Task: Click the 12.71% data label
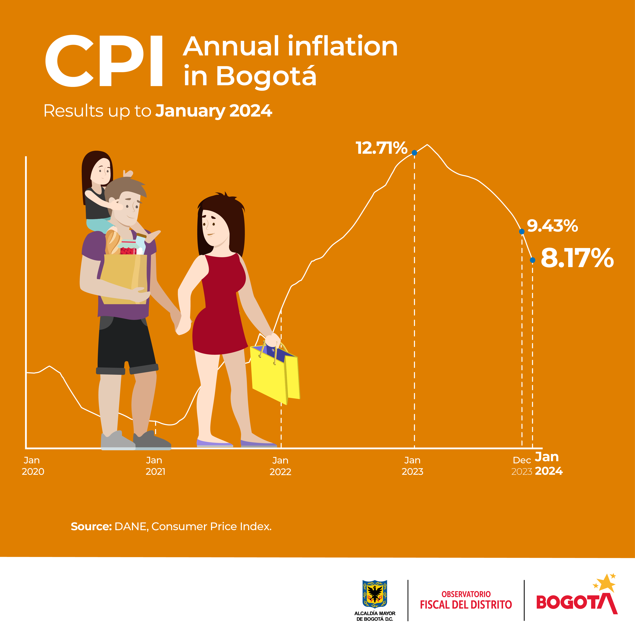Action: click(x=381, y=148)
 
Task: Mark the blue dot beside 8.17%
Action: click(x=533, y=260)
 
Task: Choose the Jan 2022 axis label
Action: click(x=280, y=466)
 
